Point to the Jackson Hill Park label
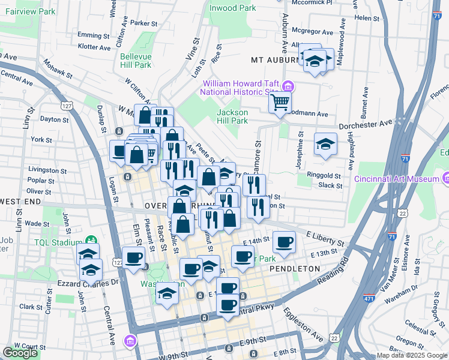click(x=232, y=116)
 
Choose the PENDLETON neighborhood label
click(x=295, y=269)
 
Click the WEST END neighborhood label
click(x=20, y=200)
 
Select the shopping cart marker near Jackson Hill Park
click(x=279, y=103)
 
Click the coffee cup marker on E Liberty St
click(x=285, y=242)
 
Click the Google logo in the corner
click(x=20, y=353)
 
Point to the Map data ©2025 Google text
click(x=412, y=355)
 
